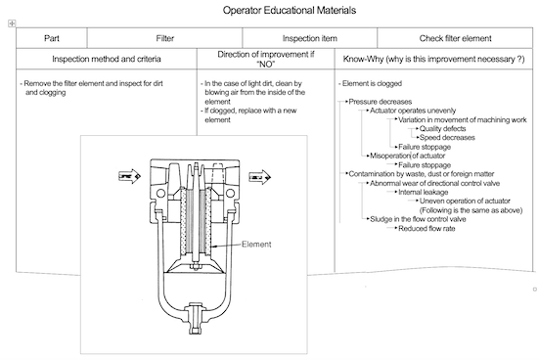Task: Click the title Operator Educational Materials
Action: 290,10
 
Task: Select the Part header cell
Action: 52,38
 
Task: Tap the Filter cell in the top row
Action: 164,38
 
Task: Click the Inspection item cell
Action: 310,38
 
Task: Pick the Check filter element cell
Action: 455,38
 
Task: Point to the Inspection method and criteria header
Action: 107,59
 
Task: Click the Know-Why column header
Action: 433,59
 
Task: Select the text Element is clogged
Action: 372,83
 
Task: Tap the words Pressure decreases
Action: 381,102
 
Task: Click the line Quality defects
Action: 443,128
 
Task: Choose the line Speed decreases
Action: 447,138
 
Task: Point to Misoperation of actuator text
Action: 408,156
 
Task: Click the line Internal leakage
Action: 424,192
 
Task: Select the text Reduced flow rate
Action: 427,229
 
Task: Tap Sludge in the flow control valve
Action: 418,219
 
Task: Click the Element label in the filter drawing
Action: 256,245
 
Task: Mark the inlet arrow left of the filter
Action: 129,176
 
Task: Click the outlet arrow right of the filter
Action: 259,177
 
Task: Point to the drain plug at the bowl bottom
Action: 195,317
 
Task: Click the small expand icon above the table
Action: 12,23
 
